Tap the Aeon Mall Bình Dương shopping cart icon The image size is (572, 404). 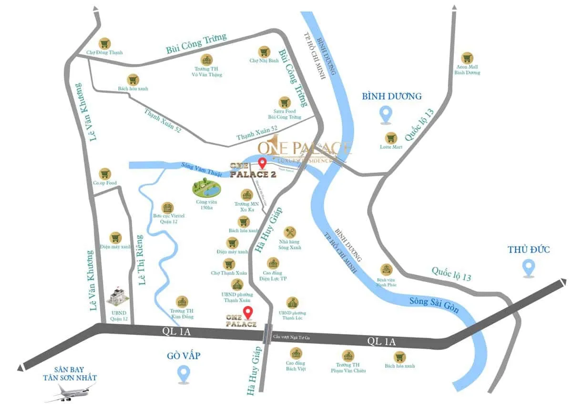click(467, 58)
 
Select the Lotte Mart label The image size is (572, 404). click(391, 147)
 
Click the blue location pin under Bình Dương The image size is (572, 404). click(385, 115)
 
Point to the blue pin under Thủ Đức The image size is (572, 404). click(528, 268)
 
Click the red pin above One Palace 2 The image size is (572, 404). click(262, 164)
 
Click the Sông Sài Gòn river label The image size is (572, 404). click(434, 304)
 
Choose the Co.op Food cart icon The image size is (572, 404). click(105, 173)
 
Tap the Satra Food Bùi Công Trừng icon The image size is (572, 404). click(285, 102)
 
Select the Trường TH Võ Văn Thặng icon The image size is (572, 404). click(206, 60)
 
